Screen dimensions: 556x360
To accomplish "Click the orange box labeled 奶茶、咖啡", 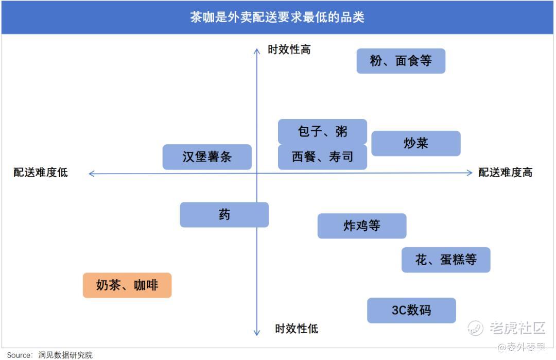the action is (127, 285).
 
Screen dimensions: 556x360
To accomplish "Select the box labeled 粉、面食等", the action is (401, 61).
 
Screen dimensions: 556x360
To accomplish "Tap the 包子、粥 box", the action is (322, 131).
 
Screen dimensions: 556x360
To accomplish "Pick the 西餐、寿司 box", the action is (322, 157).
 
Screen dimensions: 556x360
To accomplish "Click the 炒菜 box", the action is (416, 143).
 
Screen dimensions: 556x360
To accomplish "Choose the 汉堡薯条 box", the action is (207, 157).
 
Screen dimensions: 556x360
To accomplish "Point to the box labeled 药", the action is (224, 215).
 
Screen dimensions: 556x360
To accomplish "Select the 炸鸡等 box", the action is (362, 226).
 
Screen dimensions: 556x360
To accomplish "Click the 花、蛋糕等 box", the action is (446, 260).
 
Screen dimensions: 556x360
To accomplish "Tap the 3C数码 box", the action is (411, 311).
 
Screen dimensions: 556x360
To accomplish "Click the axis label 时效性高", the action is (289, 49).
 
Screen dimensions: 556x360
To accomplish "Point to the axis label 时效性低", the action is (297, 329).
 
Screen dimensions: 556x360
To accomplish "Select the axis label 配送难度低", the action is (41, 173).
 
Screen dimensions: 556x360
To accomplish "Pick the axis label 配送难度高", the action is (506, 173).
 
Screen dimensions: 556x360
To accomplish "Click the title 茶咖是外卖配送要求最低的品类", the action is (277, 17).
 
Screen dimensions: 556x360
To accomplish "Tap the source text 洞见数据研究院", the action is (65, 355).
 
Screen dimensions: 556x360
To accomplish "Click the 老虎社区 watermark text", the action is (517, 328).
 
